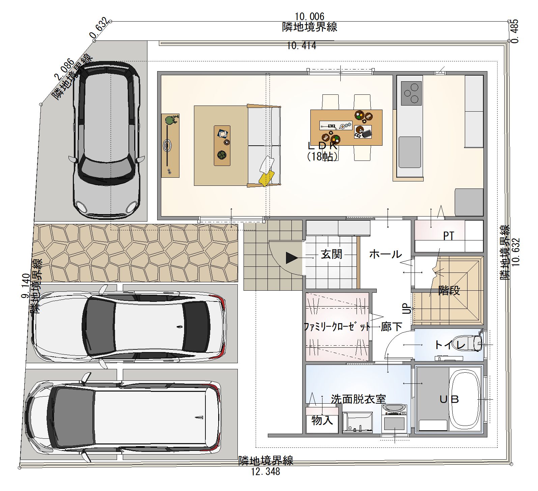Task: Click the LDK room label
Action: point(322,146)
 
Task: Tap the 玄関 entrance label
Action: point(331,254)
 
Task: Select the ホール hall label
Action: point(385,254)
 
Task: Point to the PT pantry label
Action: point(448,236)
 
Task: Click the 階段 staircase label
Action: point(449,290)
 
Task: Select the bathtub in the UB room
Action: point(466,400)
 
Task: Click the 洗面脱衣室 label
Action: point(358,399)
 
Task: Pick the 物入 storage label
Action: point(322,420)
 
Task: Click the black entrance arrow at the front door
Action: point(292,258)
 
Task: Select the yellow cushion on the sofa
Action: point(266,178)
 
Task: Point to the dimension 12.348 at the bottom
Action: point(265,471)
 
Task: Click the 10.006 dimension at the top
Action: point(309,16)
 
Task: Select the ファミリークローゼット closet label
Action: point(336,327)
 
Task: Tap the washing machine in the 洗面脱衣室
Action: point(394,418)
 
